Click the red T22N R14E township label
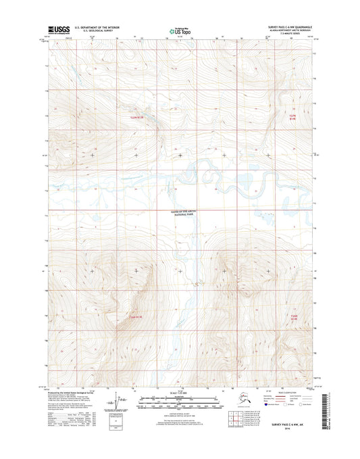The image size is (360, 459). point(292,116)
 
